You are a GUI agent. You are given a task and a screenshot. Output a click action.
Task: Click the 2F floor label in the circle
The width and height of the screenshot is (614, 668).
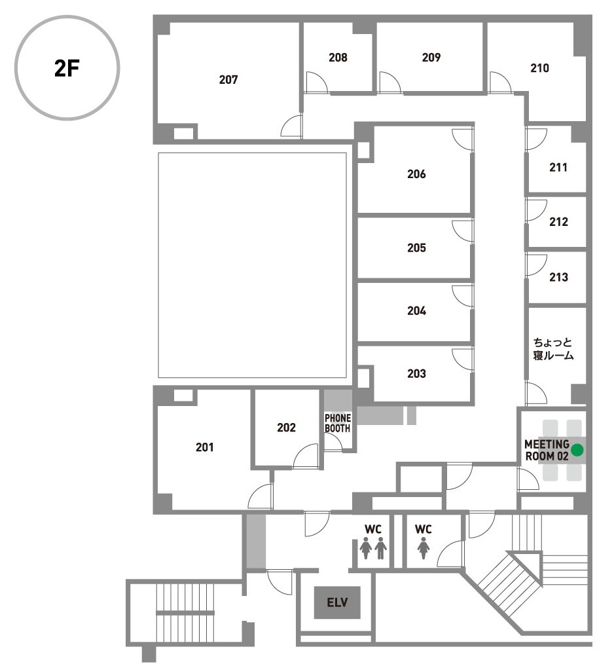point(67,67)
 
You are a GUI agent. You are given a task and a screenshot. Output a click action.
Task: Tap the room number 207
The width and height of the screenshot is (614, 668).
point(228,80)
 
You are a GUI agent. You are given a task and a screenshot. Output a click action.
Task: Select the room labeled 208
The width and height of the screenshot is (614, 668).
point(338,58)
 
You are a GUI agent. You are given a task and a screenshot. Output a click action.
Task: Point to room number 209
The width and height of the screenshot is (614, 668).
point(431,58)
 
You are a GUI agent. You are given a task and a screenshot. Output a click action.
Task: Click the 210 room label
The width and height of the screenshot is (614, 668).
point(539,68)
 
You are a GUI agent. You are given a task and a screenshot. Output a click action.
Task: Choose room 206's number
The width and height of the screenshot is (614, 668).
point(416,174)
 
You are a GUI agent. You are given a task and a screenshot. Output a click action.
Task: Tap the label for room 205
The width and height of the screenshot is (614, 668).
point(416,248)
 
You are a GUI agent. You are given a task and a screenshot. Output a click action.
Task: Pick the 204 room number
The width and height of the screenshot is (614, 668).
point(416,311)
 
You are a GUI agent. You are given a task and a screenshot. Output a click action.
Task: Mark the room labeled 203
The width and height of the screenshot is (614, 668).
point(416,373)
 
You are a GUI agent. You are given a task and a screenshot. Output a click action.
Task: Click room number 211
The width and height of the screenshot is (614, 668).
point(558,168)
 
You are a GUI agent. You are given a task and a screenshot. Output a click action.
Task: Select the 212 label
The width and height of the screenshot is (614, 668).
point(558,222)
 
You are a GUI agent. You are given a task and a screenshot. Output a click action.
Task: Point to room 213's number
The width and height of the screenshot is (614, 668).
point(558,277)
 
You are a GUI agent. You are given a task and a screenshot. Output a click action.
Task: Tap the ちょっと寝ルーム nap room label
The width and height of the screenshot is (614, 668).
point(553,349)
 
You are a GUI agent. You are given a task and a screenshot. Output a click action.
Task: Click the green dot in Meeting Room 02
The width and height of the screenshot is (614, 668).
point(577,451)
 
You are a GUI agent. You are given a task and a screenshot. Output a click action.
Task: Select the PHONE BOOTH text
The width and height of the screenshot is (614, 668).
point(338,424)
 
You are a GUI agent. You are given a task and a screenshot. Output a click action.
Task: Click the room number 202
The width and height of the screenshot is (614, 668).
point(286,428)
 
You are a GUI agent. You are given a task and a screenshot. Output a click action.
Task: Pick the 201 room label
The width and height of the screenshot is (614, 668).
point(204,447)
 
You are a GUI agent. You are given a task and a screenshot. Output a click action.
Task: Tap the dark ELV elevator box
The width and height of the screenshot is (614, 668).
point(337,603)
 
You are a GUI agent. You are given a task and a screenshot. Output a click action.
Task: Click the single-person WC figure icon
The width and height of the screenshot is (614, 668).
point(423,548)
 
